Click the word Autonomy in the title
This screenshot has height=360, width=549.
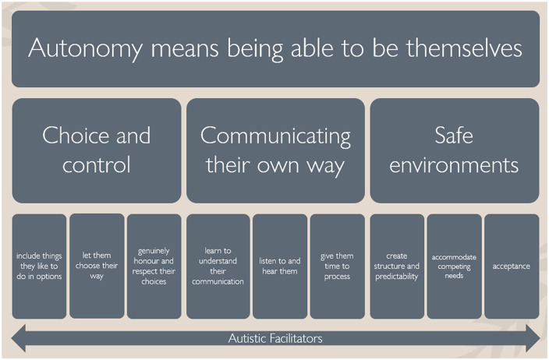point(86,48)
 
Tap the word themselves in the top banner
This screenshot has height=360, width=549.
point(464,48)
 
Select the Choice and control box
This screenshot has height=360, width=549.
point(97,150)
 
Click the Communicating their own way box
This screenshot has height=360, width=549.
point(275,150)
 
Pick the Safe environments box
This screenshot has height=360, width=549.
point(455,150)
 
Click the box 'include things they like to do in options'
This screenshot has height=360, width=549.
point(39,266)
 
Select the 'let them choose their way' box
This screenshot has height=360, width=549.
point(97,266)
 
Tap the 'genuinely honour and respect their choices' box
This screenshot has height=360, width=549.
point(154,266)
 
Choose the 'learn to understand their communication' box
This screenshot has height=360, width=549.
point(218,266)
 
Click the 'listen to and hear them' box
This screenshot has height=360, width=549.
point(280,266)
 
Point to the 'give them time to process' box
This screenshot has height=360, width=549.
point(337,266)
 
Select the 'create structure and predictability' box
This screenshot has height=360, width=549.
point(397,266)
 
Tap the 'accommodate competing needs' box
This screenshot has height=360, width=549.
point(454,266)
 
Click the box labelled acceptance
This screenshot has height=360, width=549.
point(512,266)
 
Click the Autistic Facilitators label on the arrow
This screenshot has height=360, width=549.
point(275,338)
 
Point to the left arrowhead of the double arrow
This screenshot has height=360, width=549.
point(18,338)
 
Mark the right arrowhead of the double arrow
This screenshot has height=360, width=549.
point(533,338)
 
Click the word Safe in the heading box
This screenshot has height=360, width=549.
point(454,135)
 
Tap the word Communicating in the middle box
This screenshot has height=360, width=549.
point(275,136)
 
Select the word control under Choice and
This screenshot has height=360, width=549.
point(97,164)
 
